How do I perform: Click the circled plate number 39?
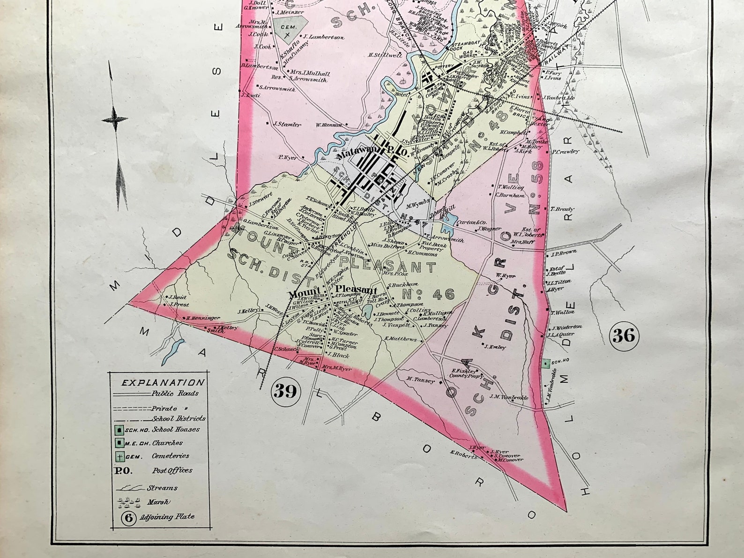(x=285, y=390)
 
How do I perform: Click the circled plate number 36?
(x=624, y=335)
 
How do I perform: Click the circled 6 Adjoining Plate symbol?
(x=128, y=517)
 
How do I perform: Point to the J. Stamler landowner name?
(x=288, y=125)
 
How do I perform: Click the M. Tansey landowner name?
(x=421, y=380)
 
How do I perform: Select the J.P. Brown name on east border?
(x=564, y=254)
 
